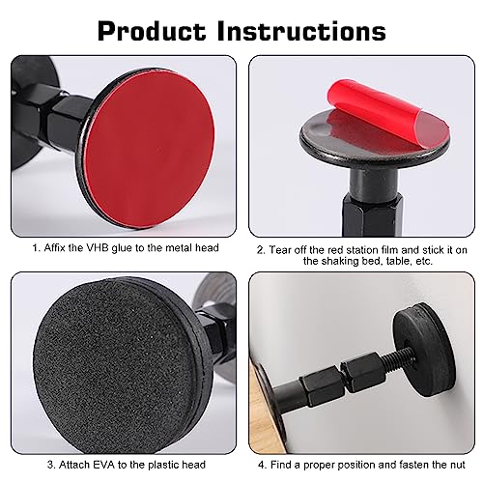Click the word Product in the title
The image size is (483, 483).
click(152, 31)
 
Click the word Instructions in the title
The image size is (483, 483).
click(301, 31)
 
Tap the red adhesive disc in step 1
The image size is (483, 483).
click(151, 149)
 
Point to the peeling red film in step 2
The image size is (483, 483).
click(388, 108)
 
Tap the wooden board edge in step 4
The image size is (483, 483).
click(265, 409)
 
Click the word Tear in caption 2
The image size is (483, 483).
click(279, 250)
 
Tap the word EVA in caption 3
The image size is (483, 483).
click(104, 465)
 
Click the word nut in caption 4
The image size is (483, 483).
click(457, 465)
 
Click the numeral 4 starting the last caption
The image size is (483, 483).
click(261, 465)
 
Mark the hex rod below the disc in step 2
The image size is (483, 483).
click(372, 214)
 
